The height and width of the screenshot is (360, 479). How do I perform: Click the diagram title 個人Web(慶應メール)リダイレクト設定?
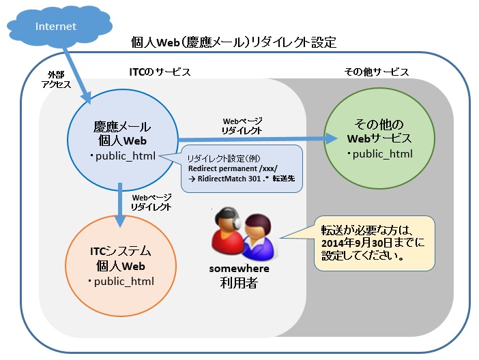point(233,42)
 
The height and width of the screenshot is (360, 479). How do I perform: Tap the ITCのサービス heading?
point(160,72)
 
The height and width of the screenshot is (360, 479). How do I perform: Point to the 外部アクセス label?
point(56,78)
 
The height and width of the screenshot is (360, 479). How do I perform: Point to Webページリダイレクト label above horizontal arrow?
point(242,124)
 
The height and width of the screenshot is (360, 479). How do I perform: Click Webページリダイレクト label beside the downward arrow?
point(151,202)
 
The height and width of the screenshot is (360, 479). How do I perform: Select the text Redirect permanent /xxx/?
point(229,168)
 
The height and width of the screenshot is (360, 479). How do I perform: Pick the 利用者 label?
point(238,282)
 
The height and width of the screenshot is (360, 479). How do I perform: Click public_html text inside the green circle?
point(381,153)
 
